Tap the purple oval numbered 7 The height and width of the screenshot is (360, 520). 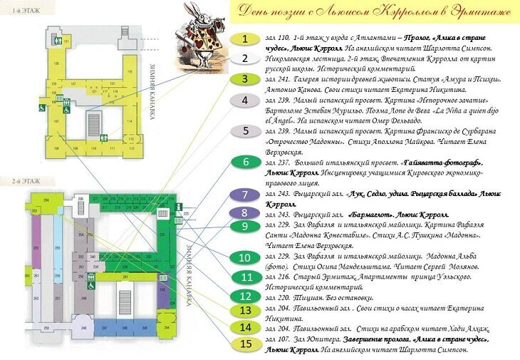(x=244, y=194)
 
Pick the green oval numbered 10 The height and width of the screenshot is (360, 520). (x=244, y=257)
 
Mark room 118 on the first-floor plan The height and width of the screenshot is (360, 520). (x=131, y=71)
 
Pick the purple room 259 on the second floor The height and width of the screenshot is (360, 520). (x=35, y=250)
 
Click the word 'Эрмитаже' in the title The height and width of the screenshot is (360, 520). (x=476, y=12)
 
